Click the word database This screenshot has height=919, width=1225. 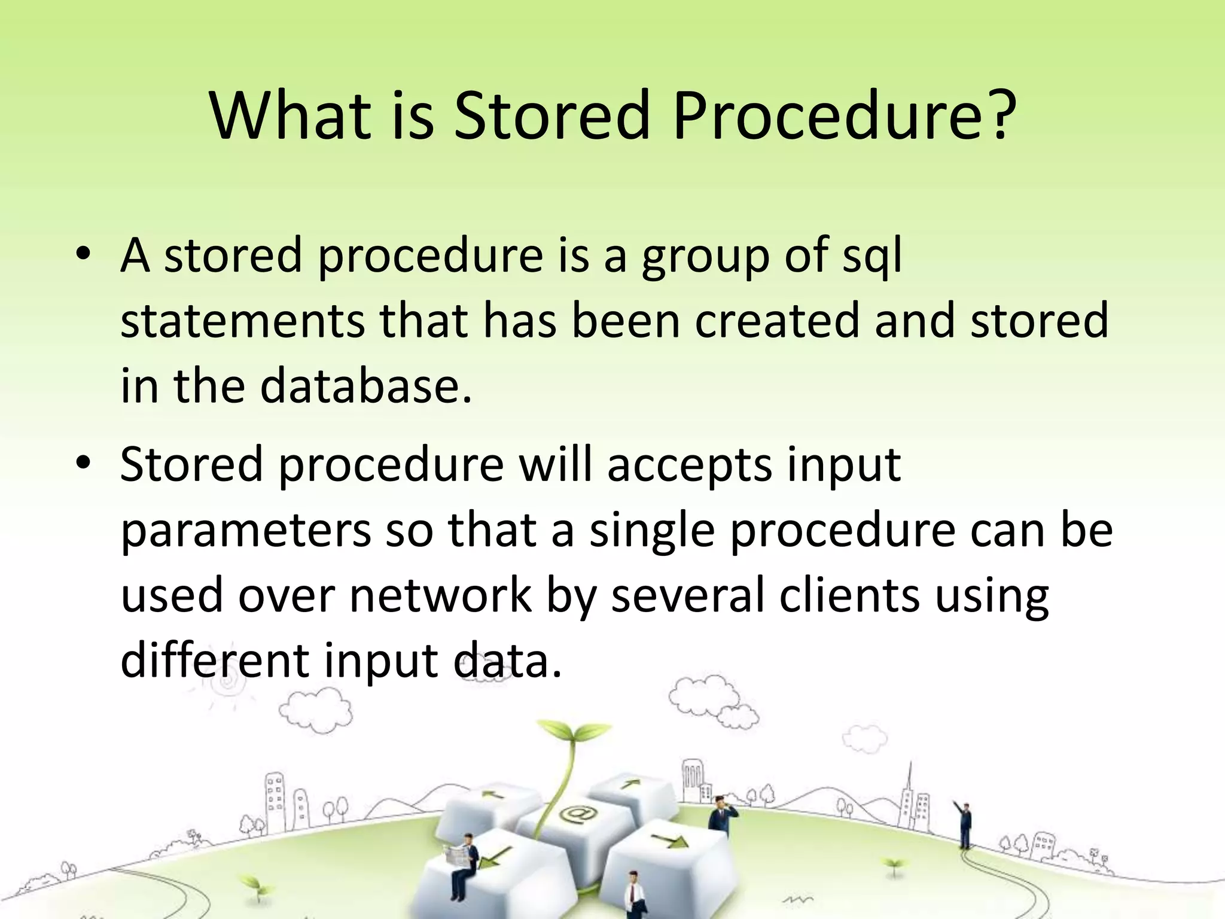365,385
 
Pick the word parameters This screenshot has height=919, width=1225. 245,530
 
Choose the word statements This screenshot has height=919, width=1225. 242,321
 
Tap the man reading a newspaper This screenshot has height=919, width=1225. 464,862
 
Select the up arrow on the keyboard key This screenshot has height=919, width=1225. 629,783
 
